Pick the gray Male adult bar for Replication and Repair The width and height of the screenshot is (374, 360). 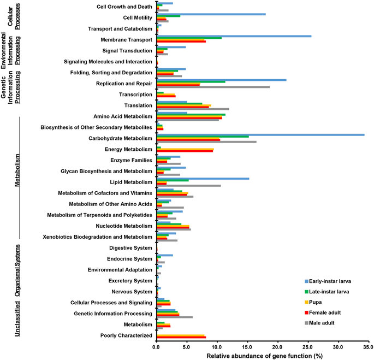coord(213,87)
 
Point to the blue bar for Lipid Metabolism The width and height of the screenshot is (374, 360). coord(203,178)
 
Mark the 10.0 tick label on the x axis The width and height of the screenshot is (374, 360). coord(217,346)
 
